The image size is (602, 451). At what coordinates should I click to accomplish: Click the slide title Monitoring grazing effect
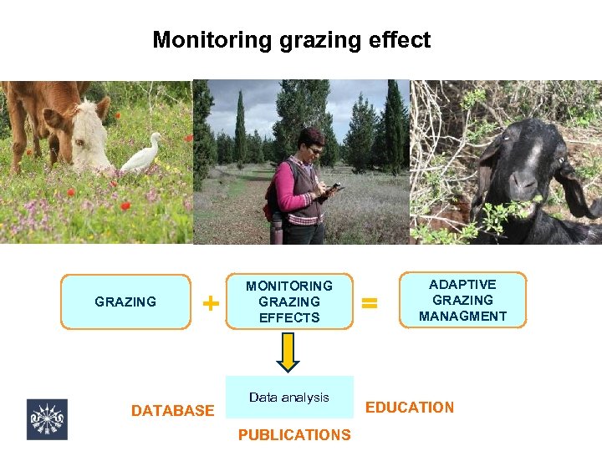tap(291, 40)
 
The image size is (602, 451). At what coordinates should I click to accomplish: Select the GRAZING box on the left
tap(125, 302)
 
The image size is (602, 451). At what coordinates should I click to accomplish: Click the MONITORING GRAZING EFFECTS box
tap(289, 302)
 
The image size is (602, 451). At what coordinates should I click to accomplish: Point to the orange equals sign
tap(369, 302)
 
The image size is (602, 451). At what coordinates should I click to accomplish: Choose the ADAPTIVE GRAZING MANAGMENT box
tap(462, 300)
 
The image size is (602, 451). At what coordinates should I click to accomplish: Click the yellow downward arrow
tap(288, 351)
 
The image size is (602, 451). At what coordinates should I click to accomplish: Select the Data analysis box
tap(289, 398)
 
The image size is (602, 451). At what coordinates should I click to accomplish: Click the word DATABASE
tap(172, 411)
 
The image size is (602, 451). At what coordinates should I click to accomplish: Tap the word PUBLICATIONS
tap(294, 434)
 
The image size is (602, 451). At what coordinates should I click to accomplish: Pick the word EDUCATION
tap(410, 408)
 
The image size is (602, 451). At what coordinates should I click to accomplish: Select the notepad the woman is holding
tap(334, 191)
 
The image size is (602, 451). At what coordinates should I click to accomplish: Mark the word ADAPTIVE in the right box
tap(462, 285)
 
